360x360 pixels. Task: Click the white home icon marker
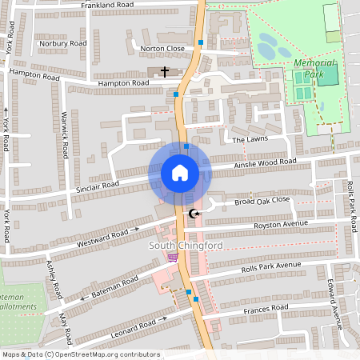pyautogui.click(x=179, y=173)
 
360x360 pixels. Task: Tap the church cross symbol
pyautogui.click(x=165, y=72)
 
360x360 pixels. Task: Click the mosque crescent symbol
pyautogui.click(x=194, y=213)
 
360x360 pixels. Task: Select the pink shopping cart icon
pyautogui.click(x=173, y=258)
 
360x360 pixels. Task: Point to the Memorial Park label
pyautogui.click(x=318, y=67)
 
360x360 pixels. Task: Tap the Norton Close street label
pyautogui.click(x=162, y=49)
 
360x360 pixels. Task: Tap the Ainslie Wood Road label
pyautogui.click(x=265, y=163)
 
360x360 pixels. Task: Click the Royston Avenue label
pyautogui.click(x=280, y=225)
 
